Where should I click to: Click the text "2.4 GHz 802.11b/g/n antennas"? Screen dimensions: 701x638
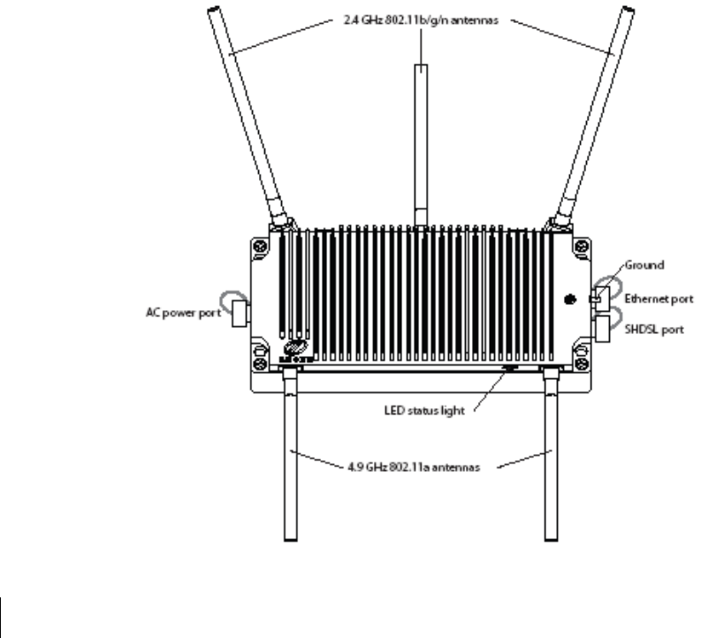pos(419,21)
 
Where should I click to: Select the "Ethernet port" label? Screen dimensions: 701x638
pos(656,299)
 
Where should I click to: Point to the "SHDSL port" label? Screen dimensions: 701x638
pos(650,326)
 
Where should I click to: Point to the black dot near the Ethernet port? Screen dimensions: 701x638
pos(569,300)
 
